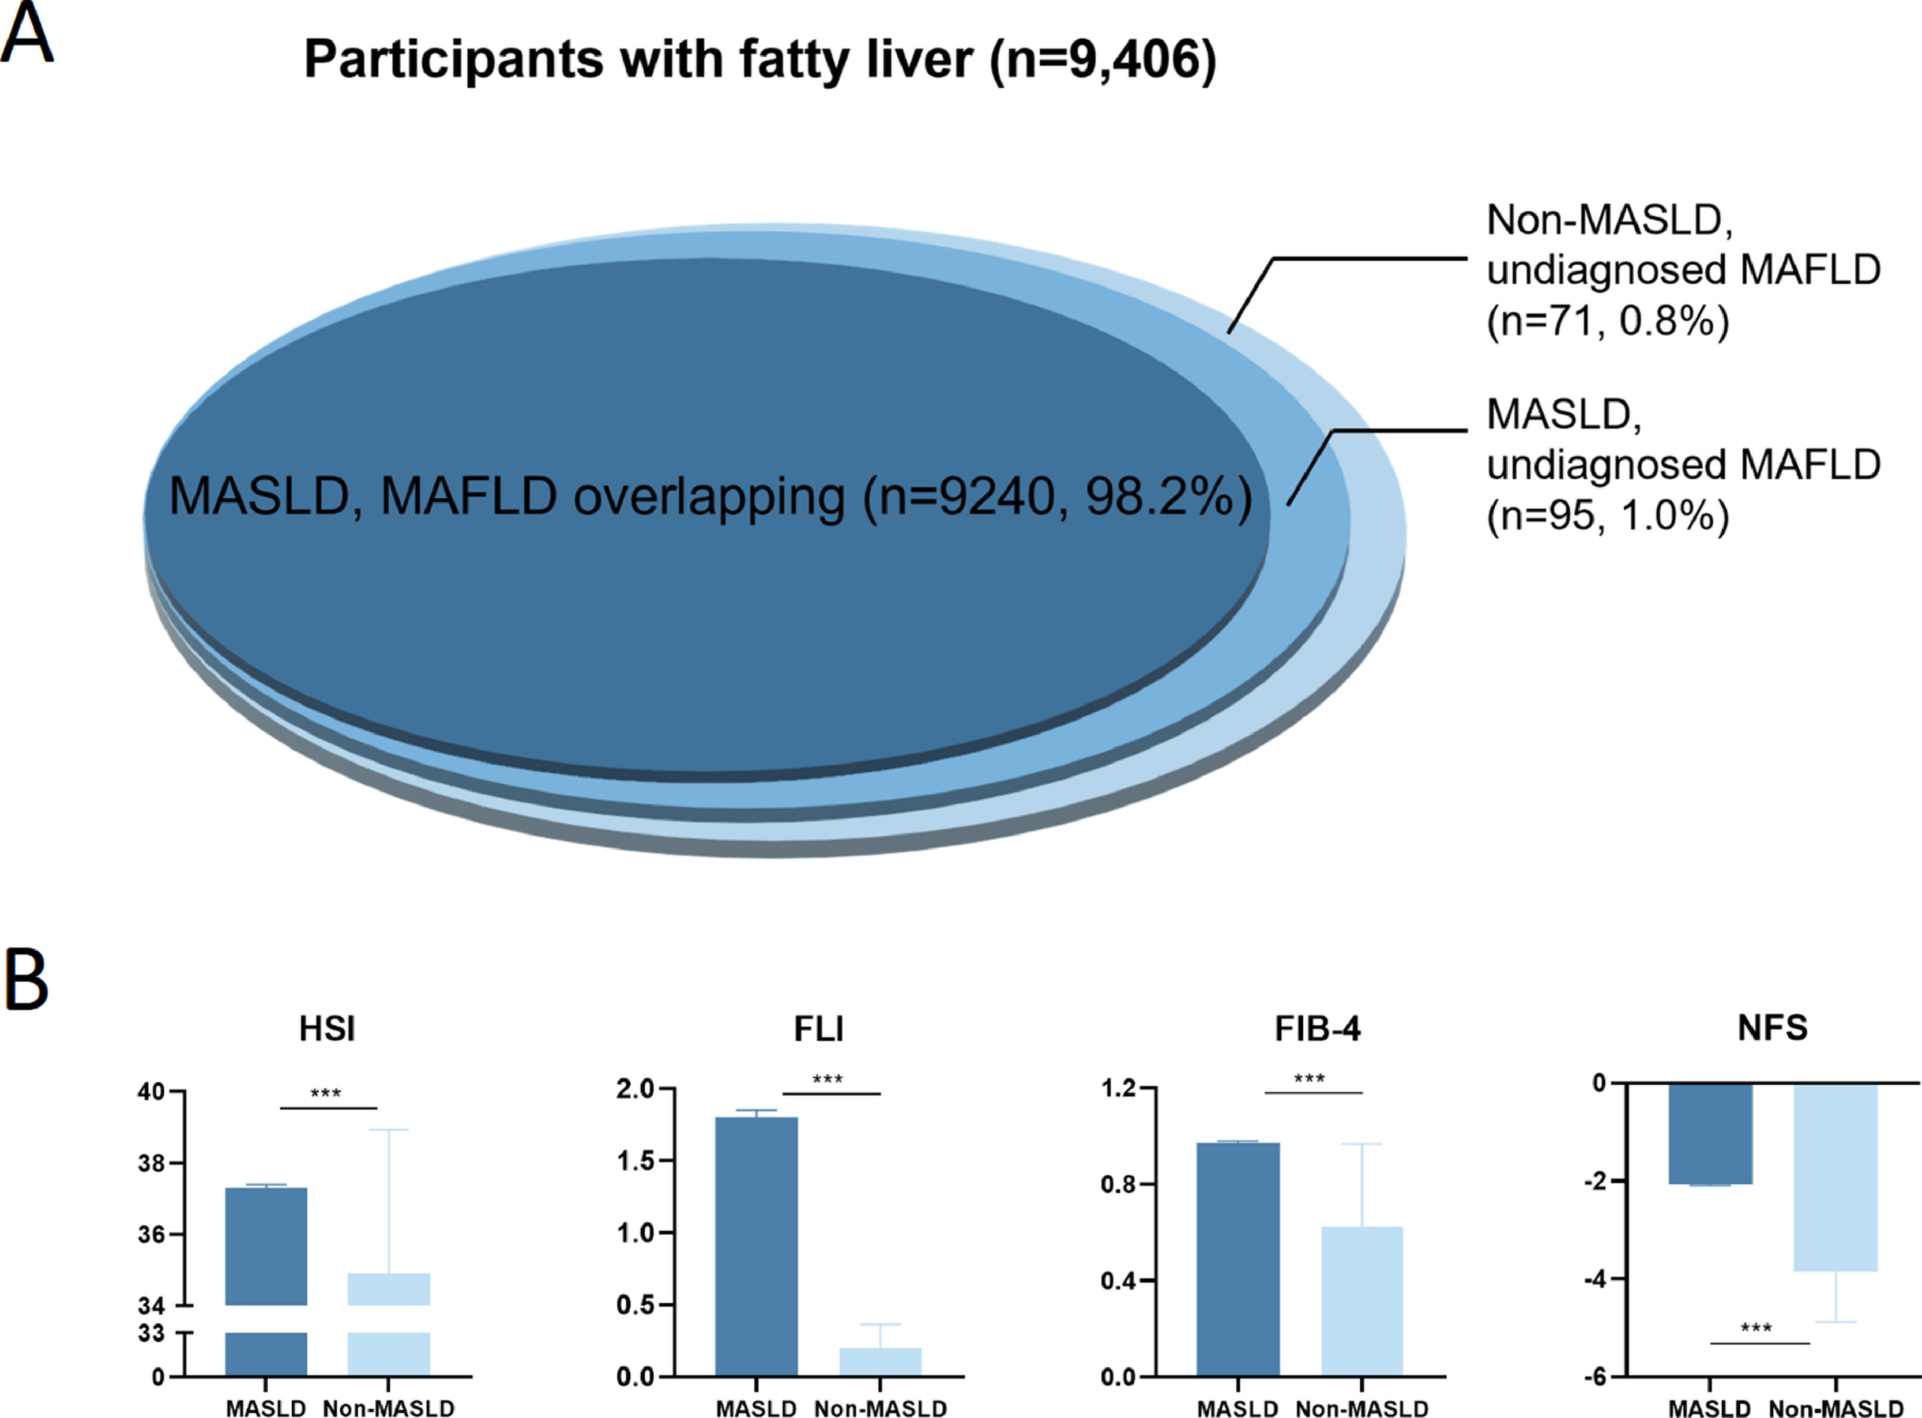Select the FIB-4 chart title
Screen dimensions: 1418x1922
coord(1318,1028)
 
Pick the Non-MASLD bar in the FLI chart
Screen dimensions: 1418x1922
coord(880,1362)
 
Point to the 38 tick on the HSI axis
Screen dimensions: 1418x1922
coord(151,1164)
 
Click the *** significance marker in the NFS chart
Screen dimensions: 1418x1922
coord(1756,1329)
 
